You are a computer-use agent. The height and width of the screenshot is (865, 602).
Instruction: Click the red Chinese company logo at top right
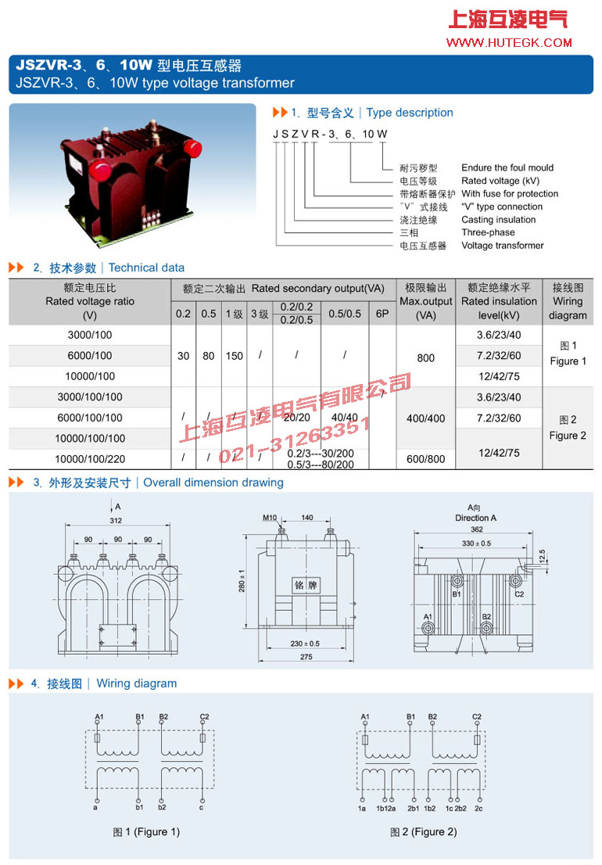pos(507,19)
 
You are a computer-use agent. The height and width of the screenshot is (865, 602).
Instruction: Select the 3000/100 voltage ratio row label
pos(90,336)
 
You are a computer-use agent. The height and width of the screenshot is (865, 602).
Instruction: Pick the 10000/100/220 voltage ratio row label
pos(90,458)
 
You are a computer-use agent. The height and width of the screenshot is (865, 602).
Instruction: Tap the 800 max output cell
pos(425,357)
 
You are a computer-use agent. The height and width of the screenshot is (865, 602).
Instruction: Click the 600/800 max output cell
pos(425,459)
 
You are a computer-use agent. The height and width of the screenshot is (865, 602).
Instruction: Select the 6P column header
pos(382,314)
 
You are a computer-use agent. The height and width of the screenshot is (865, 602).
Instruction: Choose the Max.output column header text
pos(425,301)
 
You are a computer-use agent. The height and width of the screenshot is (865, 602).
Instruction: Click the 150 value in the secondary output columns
pos(234,356)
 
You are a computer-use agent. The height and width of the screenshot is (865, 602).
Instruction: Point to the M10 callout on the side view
pos(270,518)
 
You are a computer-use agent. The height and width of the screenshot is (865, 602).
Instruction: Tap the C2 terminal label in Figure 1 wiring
pos(204,716)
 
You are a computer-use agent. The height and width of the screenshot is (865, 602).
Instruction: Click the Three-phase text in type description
pos(488,232)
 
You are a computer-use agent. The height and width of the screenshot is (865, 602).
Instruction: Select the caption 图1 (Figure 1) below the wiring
pos(146,831)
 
